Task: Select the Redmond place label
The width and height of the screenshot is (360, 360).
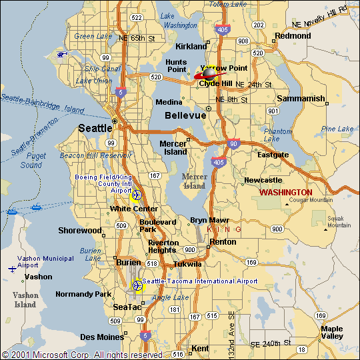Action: pyautogui.click(x=293, y=35)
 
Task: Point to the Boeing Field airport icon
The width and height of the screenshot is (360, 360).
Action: pyautogui.click(x=136, y=195)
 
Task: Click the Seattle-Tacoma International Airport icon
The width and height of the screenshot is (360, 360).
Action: pyautogui.click(x=138, y=285)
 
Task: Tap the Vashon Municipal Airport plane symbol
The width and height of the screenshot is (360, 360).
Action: pyautogui.click(x=13, y=269)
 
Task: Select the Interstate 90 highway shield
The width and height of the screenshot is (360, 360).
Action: pyautogui.click(x=232, y=143)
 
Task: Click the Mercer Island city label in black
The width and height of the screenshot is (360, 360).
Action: pyautogui.click(x=173, y=147)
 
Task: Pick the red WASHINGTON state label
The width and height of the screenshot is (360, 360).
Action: pyautogui.click(x=286, y=192)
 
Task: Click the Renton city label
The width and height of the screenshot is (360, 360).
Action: pyautogui.click(x=223, y=242)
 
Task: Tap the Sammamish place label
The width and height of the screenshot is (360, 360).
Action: pyautogui.click(x=301, y=99)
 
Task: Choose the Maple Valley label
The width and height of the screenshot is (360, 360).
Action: pyautogui.click(x=331, y=333)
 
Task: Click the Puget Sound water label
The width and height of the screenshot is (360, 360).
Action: pyautogui.click(x=31, y=160)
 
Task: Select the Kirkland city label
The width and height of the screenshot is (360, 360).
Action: pyautogui.click(x=191, y=47)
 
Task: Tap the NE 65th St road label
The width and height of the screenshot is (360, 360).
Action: pyautogui.click(x=141, y=39)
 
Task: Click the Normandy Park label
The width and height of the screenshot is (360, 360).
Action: pyautogui.click(x=83, y=294)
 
